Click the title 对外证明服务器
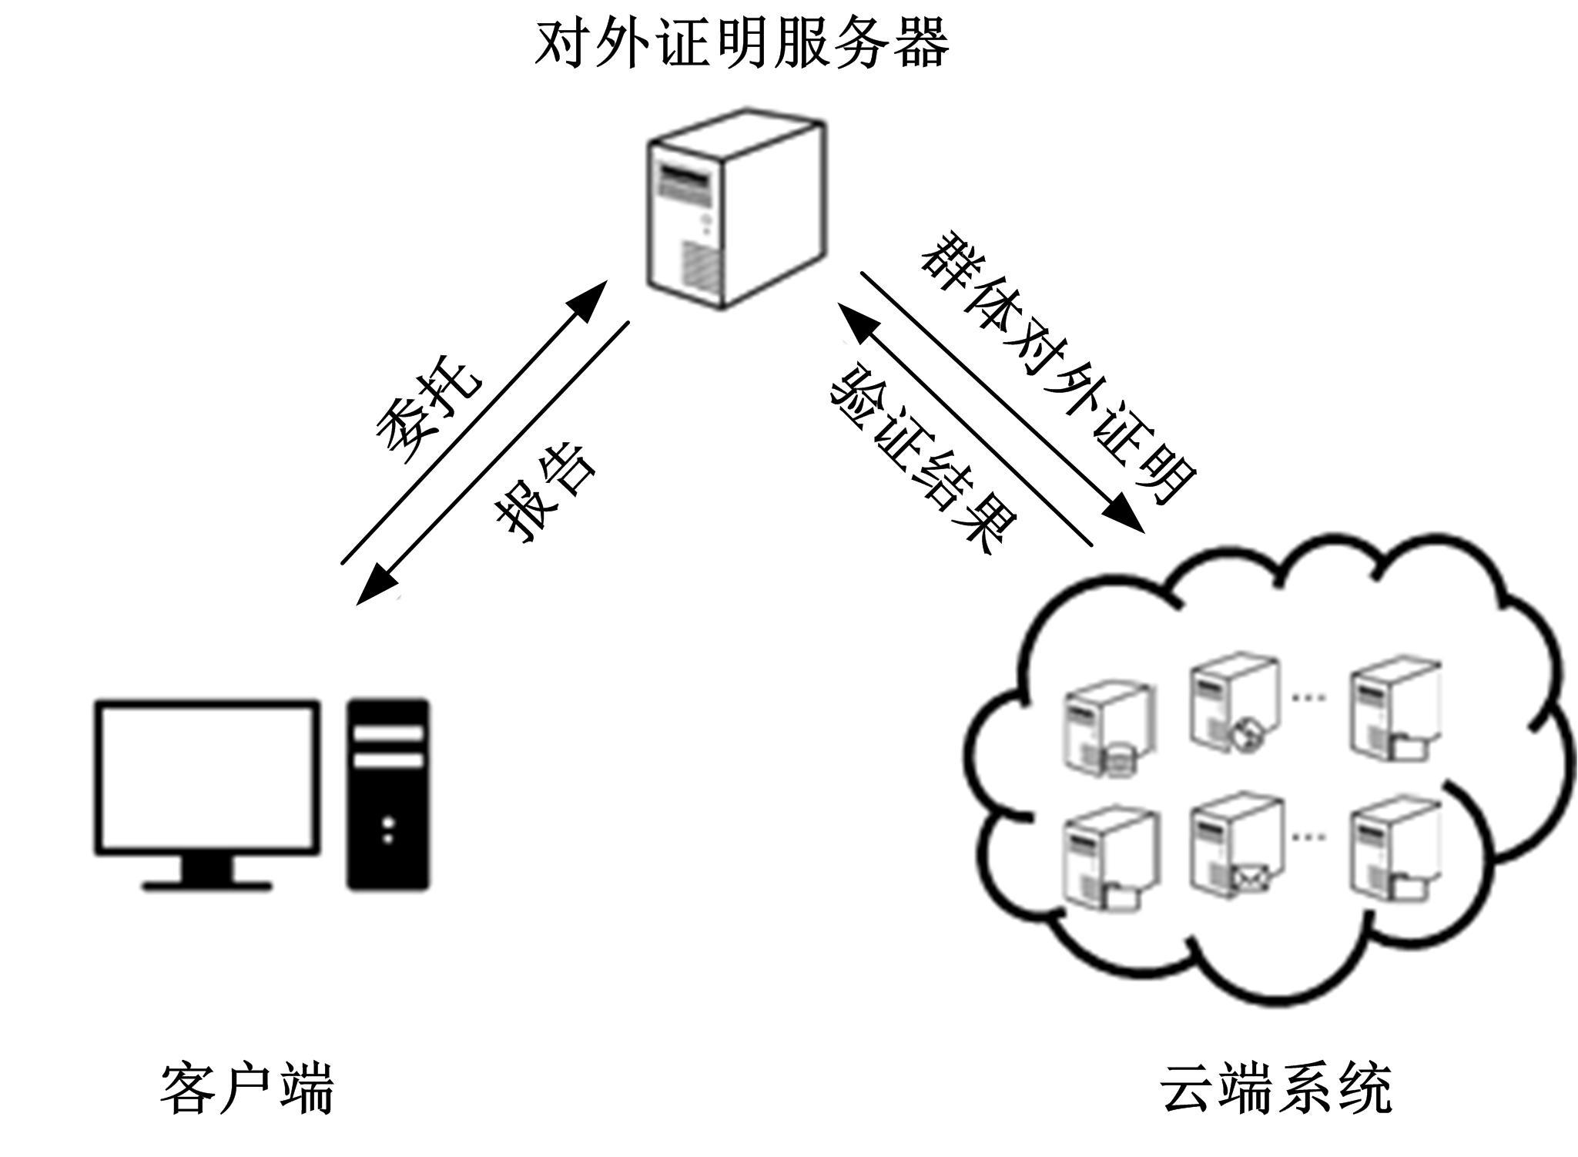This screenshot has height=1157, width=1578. point(742,43)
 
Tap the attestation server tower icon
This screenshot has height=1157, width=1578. point(735,208)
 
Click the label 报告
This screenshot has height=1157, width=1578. point(545,494)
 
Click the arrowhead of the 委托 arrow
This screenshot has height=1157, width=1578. point(589,299)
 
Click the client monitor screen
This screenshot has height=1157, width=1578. point(206,776)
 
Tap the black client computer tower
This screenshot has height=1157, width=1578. point(387,793)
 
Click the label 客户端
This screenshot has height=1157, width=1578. point(247,1088)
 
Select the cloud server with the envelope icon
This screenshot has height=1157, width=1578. point(1236,848)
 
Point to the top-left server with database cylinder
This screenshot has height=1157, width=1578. point(1107,728)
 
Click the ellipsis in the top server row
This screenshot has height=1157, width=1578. point(1308,697)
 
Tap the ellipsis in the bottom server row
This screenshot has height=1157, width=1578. point(1308,836)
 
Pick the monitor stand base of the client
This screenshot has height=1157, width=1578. point(206,885)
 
